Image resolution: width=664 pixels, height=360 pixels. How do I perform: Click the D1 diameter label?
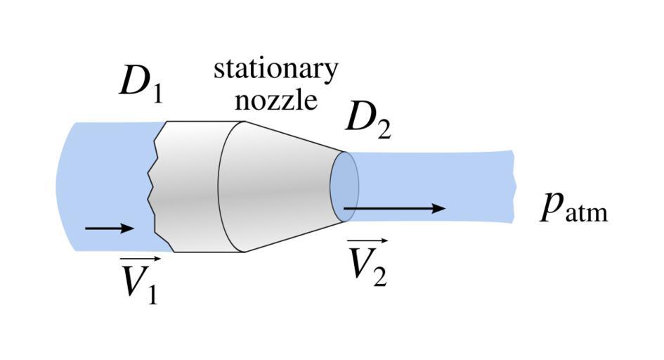[141, 84]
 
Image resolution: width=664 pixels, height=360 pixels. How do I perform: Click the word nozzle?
[275, 101]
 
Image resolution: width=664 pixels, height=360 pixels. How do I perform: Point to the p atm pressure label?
[573, 207]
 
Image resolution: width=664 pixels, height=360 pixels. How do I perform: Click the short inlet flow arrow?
[108, 228]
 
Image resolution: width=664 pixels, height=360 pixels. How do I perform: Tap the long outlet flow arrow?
[393, 208]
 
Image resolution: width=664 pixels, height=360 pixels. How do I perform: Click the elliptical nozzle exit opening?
[345, 186]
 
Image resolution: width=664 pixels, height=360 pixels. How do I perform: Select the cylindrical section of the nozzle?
[193, 186]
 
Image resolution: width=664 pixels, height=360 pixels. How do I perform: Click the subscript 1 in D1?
[155, 91]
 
